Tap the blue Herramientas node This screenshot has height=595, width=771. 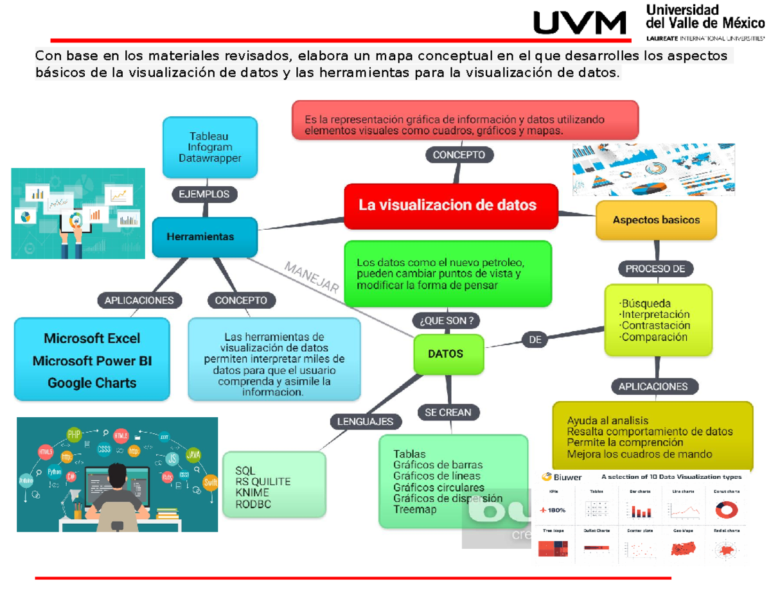coord(204,237)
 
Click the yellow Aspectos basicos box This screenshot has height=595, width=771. coord(655,220)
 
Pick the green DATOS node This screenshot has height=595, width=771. coord(446,354)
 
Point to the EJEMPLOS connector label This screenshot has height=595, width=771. coord(204,194)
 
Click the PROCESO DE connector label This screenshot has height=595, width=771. coord(655,269)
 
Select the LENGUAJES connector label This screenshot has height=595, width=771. coord(366,422)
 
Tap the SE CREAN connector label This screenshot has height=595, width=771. coord(447,412)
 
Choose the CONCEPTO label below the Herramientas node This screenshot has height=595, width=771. coord(241,300)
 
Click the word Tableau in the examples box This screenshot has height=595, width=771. coord(208,136)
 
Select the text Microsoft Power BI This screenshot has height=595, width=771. coord(92,361)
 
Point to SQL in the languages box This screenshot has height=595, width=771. coord(245,470)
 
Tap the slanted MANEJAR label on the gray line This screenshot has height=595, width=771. coord(311,278)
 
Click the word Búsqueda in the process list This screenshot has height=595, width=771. coord(645,303)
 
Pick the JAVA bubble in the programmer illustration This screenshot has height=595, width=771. coord(193,454)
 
